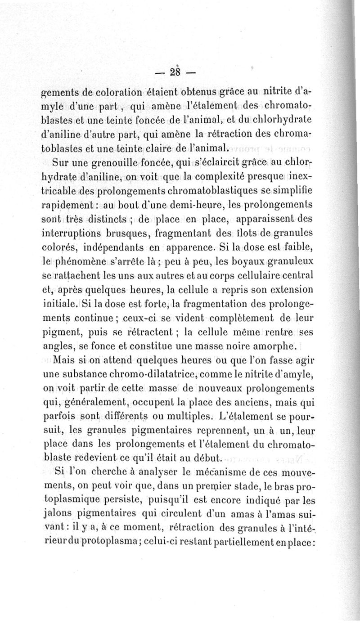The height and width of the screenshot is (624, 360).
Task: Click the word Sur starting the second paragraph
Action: pyautogui.click(x=61, y=163)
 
